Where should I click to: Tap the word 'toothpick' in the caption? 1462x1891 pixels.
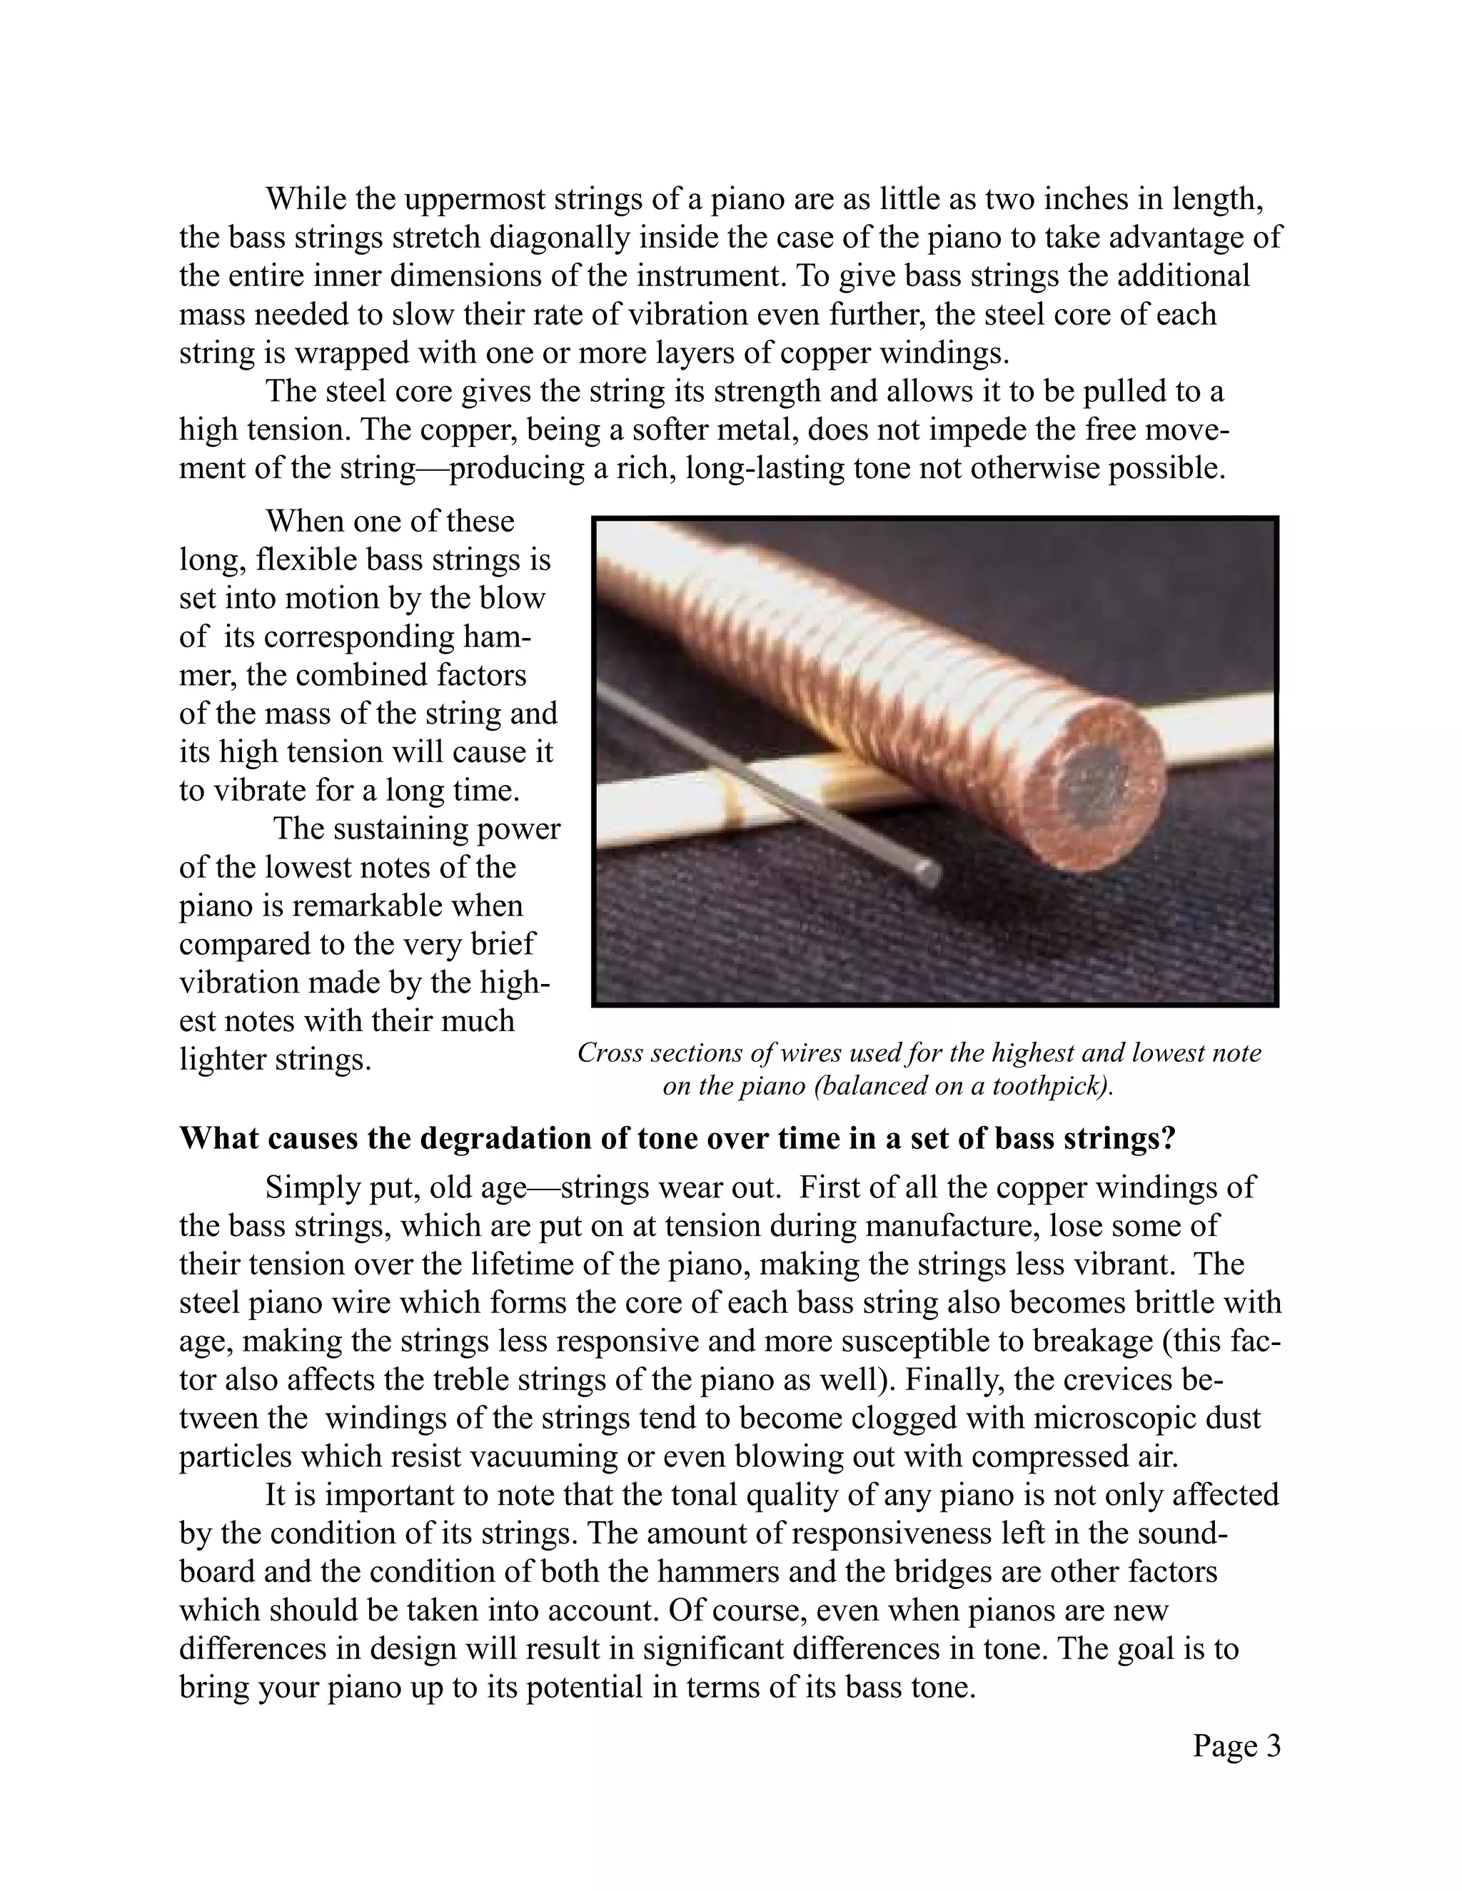1048,1086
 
